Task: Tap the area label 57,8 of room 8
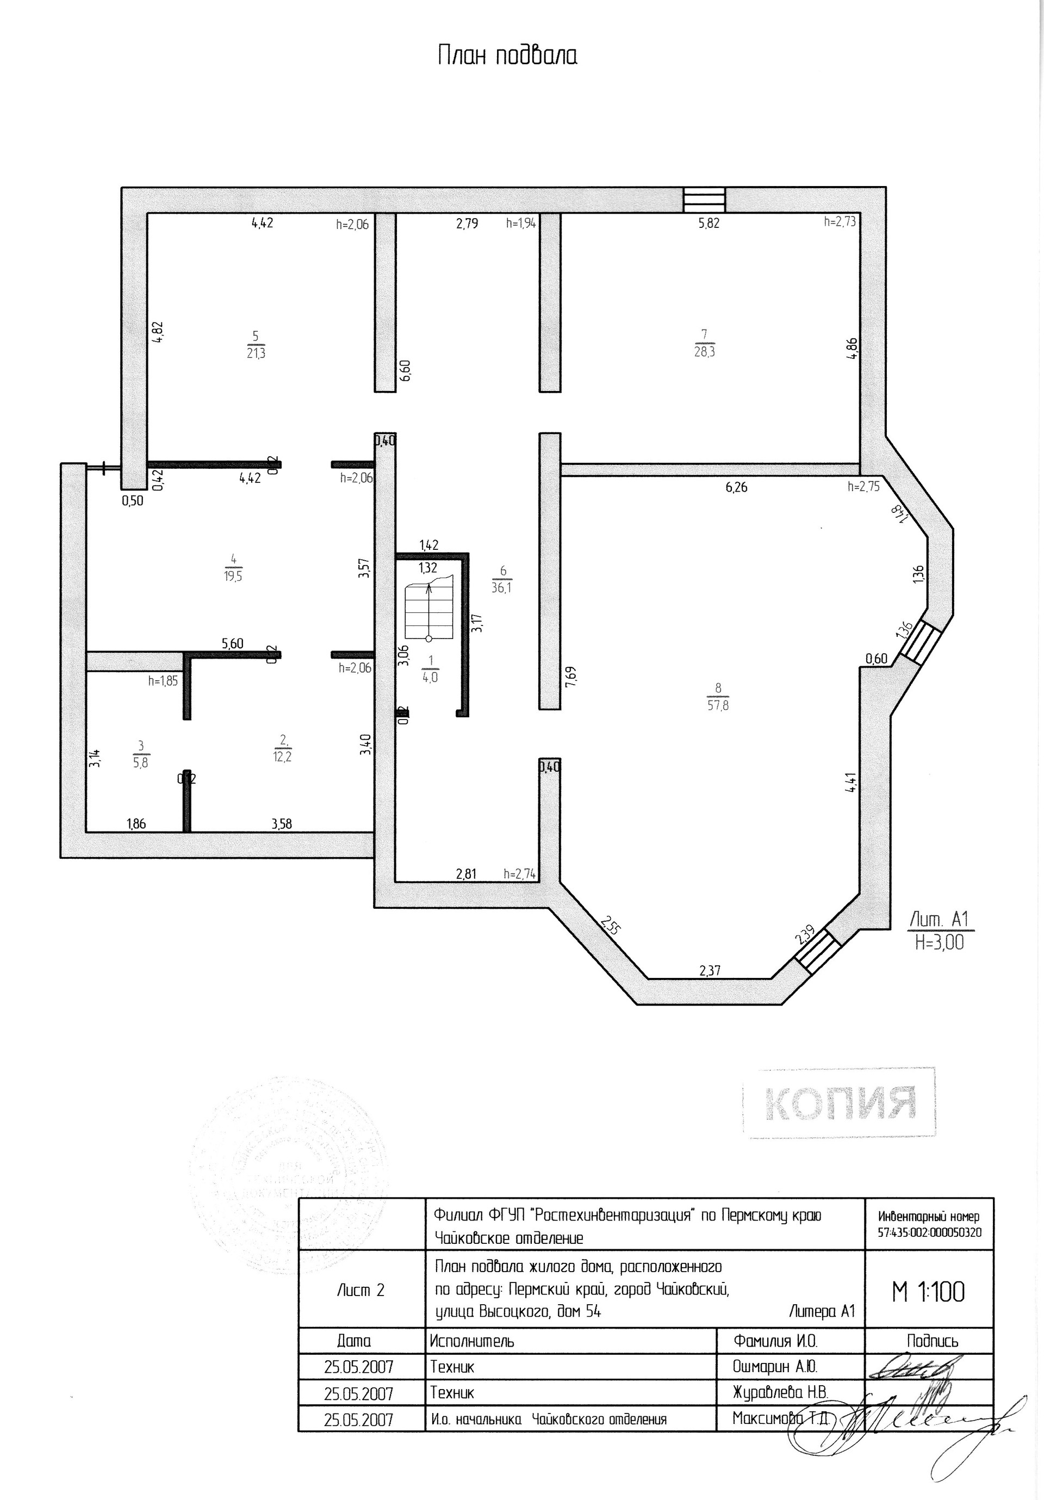pyautogui.click(x=717, y=705)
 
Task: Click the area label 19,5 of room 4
pyautogui.click(x=233, y=576)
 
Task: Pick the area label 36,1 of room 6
pyautogui.click(x=502, y=587)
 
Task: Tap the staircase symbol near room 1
pyautogui.click(x=428, y=613)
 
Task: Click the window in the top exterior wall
pyautogui.click(x=704, y=200)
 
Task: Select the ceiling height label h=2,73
pyautogui.click(x=840, y=221)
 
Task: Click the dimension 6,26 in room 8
pyautogui.click(x=736, y=487)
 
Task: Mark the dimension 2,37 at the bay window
pyautogui.click(x=710, y=971)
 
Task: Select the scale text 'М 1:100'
pyautogui.click(x=928, y=1292)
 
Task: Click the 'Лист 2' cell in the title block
pyautogui.click(x=361, y=1290)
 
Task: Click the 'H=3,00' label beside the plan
pyautogui.click(x=940, y=942)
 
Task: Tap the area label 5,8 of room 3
pyautogui.click(x=140, y=763)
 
